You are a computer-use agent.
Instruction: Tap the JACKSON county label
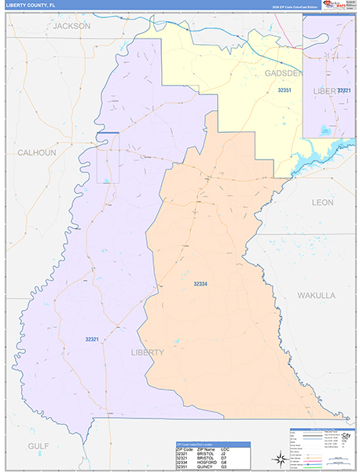point(72,26)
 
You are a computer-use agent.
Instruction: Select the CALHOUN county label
point(37,153)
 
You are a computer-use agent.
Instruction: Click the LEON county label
point(322,202)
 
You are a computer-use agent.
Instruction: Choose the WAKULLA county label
point(316,295)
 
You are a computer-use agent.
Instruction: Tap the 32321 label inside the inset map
point(343,91)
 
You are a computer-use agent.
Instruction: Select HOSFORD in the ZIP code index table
point(206,459)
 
